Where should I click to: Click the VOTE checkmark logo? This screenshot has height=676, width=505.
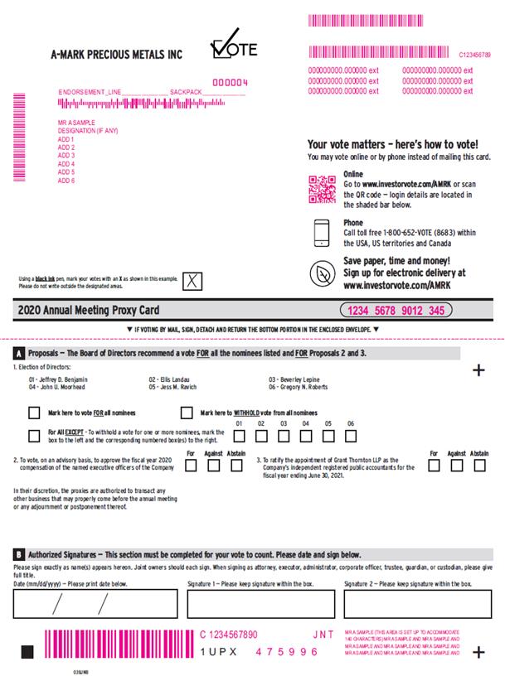pyautogui.click(x=234, y=48)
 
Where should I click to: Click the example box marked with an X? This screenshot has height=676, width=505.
pyautogui.click(x=192, y=280)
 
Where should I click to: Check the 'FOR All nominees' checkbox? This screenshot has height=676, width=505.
pyautogui.click(x=34, y=412)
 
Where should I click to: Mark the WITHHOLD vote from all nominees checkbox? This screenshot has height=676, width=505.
pyautogui.click(x=187, y=412)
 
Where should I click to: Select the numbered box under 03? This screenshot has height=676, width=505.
pyautogui.click(x=284, y=436)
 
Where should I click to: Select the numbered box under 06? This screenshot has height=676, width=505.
pyautogui.click(x=351, y=436)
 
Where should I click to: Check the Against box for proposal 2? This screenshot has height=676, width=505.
pyautogui.click(x=213, y=465)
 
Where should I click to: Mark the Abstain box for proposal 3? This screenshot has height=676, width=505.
pyautogui.click(x=478, y=465)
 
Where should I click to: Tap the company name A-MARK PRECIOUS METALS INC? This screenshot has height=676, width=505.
pyautogui.click(x=116, y=56)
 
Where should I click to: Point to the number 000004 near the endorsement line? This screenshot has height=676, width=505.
pyautogui.click(x=230, y=82)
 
